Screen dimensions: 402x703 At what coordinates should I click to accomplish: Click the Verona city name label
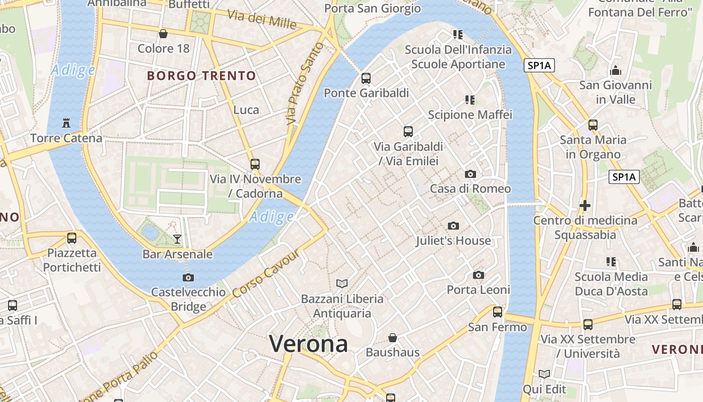pyautogui.click(x=308, y=344)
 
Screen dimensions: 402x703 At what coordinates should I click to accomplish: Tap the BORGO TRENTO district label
pyautogui.click(x=201, y=76)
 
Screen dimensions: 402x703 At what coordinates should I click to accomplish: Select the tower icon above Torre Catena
pyautogui.click(x=66, y=123)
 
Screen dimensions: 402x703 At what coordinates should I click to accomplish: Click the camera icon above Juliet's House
pyautogui.click(x=453, y=226)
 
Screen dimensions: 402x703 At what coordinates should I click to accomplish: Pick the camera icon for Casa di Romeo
pyautogui.click(x=471, y=174)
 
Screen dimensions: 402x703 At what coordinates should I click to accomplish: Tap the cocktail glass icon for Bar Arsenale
pyautogui.click(x=177, y=239)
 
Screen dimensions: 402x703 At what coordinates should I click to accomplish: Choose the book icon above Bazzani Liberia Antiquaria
pyautogui.click(x=342, y=283)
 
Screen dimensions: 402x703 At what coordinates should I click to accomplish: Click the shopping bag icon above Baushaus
pyautogui.click(x=393, y=337)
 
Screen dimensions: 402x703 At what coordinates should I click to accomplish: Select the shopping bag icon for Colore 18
pyautogui.click(x=163, y=34)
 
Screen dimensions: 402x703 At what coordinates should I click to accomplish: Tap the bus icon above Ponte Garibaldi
pyautogui.click(x=366, y=78)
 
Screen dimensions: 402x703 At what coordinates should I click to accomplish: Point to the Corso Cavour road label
pyautogui.click(x=266, y=272)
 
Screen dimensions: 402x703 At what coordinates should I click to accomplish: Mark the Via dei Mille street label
pyautogui.click(x=262, y=19)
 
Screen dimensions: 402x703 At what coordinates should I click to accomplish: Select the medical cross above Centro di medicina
pyautogui.click(x=584, y=206)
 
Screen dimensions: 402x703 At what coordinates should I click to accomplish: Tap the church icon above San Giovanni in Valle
pyautogui.click(x=616, y=71)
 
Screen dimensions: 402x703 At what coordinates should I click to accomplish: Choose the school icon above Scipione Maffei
pyautogui.click(x=470, y=100)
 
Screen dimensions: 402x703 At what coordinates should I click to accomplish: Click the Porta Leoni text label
pyautogui.click(x=479, y=290)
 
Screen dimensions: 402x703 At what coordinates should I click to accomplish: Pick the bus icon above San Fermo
pyautogui.click(x=498, y=312)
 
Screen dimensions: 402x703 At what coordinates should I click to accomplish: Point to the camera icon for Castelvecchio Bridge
pyautogui.click(x=188, y=277)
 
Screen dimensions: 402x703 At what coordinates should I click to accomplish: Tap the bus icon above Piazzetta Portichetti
pyautogui.click(x=72, y=238)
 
